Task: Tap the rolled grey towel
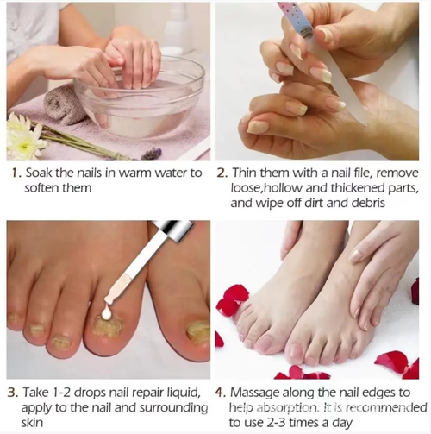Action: pyautogui.click(x=66, y=104)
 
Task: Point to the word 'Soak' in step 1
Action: pyautogui.click(x=41, y=173)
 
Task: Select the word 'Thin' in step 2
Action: pyautogui.click(x=247, y=173)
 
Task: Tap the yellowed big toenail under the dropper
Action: pyautogui.click(x=108, y=329)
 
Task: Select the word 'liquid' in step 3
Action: pyautogui.click(x=185, y=393)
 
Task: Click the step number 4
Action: pyautogui.click(x=222, y=393)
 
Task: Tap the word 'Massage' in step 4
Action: pyautogui.click(x=259, y=393)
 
